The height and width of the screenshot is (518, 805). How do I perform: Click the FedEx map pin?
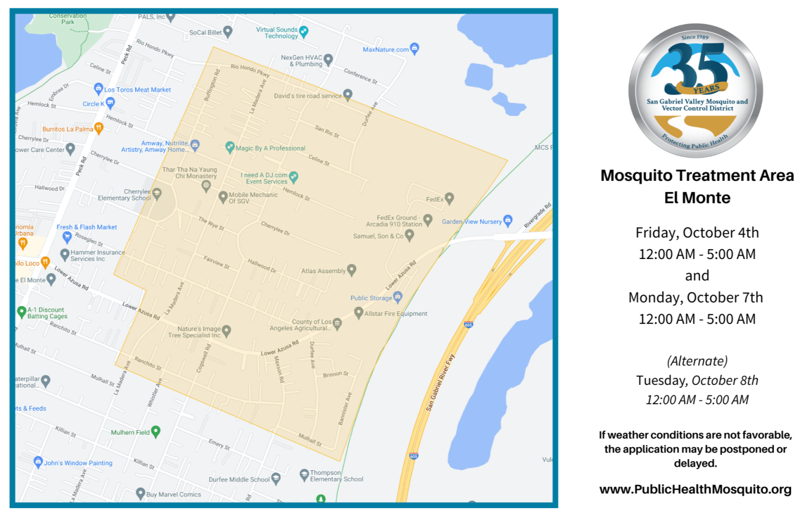(x=449, y=198)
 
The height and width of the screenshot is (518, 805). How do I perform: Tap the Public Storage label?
(x=371, y=298)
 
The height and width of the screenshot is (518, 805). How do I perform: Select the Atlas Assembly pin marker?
(x=352, y=270)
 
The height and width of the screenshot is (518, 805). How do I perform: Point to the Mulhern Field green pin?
(x=156, y=431)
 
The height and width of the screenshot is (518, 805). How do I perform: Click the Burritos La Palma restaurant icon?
(x=99, y=128)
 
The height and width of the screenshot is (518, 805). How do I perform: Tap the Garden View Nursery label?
(x=472, y=222)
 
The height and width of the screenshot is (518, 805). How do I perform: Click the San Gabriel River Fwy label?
(x=440, y=383)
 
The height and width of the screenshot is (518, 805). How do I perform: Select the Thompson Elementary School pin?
(x=304, y=474)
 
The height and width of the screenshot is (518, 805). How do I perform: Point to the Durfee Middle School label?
(x=239, y=479)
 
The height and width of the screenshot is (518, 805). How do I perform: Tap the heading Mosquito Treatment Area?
(x=697, y=176)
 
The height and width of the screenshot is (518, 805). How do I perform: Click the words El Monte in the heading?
(x=697, y=198)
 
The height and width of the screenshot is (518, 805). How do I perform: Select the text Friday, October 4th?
(x=697, y=233)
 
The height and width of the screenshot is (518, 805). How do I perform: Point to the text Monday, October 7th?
(x=695, y=298)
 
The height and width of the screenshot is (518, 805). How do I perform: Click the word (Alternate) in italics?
(x=697, y=361)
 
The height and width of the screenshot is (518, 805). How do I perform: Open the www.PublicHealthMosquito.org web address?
(x=695, y=490)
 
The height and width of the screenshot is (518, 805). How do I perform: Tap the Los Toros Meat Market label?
(x=137, y=90)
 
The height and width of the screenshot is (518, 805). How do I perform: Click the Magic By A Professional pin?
(x=230, y=147)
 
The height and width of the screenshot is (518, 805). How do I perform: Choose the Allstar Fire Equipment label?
(x=396, y=314)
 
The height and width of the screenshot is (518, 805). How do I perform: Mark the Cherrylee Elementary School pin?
(x=157, y=193)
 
